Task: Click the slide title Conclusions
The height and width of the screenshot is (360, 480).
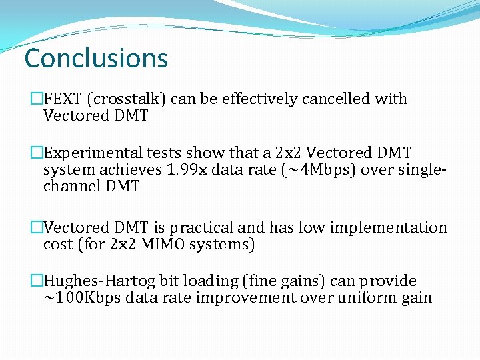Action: point(96,59)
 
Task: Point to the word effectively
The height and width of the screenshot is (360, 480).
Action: point(260,99)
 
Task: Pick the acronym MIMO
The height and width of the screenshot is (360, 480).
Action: point(163,245)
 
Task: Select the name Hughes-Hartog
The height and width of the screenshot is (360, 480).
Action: point(95,281)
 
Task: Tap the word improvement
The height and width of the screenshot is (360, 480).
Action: point(244,298)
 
